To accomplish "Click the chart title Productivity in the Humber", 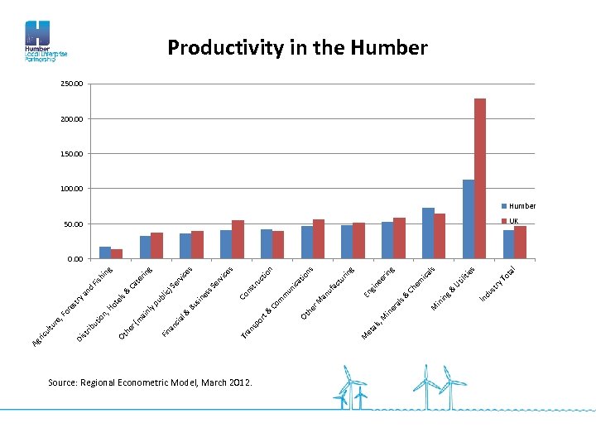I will coord(297,48).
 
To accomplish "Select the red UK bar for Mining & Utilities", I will coord(480,178).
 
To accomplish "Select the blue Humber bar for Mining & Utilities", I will coord(469,219).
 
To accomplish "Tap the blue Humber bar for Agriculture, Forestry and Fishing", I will coord(105,252).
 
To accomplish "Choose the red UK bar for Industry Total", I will coord(521,242).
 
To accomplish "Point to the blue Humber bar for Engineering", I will coord(387,240).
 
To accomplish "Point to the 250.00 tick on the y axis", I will coord(72,84).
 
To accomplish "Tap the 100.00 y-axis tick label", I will coord(72,189).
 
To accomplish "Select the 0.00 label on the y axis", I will coord(74,259).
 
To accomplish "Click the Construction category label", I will coord(257,282).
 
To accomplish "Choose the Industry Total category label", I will coord(498,283).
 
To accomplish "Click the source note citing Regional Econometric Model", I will coord(151,382).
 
